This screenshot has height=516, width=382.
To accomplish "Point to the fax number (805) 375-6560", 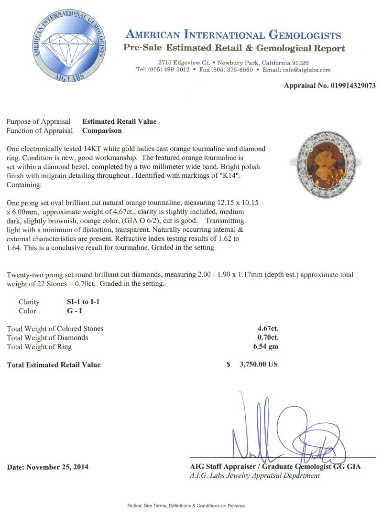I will point(232,70).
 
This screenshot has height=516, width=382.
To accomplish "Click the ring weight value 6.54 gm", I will point(267,346).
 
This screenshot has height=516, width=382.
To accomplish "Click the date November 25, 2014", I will point(48,467).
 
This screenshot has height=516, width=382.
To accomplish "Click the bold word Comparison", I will point(102,130).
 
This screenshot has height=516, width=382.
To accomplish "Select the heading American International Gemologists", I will point(233,35).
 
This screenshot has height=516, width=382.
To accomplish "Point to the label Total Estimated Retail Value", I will point(54,365).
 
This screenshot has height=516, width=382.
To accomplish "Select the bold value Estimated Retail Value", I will point(119,121).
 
